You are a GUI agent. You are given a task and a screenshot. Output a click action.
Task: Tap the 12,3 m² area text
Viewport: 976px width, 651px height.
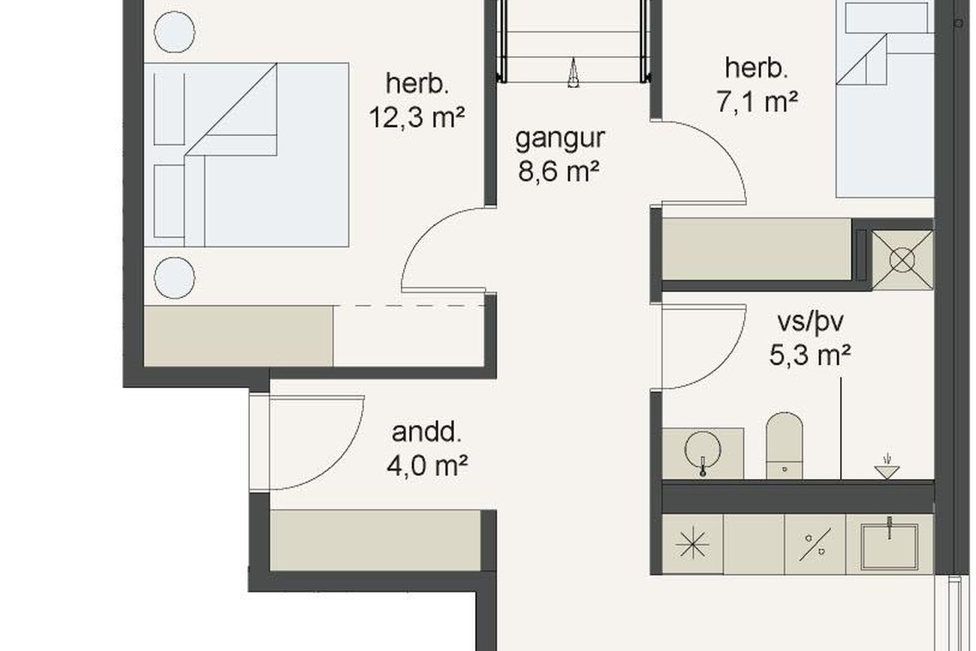tap(417, 117)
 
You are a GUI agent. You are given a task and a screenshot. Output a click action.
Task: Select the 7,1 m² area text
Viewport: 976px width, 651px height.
tap(757, 101)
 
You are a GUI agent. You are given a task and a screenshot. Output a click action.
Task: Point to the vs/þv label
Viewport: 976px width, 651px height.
tap(810, 322)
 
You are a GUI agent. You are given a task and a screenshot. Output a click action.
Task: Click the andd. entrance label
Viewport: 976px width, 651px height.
tap(426, 432)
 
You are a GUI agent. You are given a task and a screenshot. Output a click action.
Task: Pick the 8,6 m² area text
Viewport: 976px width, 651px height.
tap(559, 170)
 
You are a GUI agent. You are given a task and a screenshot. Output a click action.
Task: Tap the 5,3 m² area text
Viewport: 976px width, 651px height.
tap(810, 355)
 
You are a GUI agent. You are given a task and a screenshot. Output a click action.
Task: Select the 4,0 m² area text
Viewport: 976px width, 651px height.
tap(427, 466)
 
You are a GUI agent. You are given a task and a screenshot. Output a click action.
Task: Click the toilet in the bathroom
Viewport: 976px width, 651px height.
tap(785, 446)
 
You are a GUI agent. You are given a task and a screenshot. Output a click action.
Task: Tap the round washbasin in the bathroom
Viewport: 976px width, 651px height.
tap(703, 449)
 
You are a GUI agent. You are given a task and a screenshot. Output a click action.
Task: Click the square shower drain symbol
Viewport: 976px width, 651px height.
tap(902, 260)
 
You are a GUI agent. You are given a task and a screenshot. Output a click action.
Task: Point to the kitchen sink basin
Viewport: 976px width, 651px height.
tap(890, 547)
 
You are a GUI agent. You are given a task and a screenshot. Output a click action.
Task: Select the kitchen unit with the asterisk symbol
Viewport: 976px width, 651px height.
tap(693, 544)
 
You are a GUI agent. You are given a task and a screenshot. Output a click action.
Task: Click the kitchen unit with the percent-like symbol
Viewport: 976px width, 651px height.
tap(815, 544)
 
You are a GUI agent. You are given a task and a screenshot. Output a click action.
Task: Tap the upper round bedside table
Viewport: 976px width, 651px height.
tap(174, 32)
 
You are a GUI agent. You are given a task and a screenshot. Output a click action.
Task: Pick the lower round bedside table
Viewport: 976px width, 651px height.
tap(174, 278)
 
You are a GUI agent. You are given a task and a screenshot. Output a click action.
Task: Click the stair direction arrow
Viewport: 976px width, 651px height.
tap(574, 73)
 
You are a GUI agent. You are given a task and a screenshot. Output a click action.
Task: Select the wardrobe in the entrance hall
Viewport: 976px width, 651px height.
tap(375, 541)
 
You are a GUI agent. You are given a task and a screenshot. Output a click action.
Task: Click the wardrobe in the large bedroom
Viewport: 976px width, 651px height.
tap(239, 336)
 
